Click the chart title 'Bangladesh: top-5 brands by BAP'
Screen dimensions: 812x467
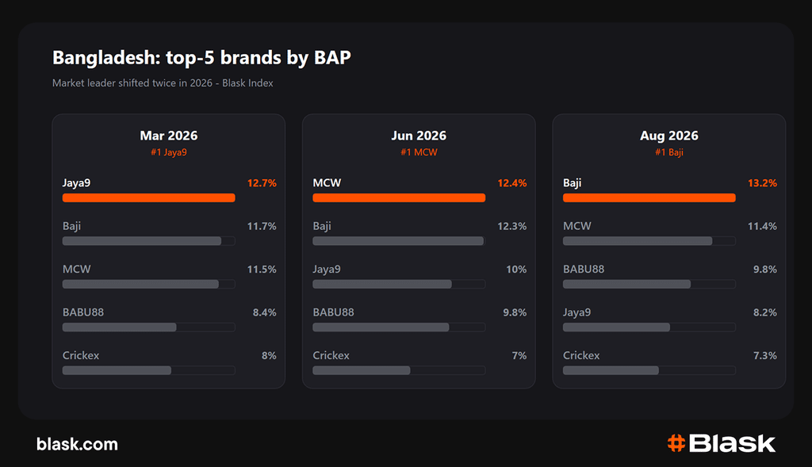[201, 57]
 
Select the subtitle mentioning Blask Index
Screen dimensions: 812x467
[163, 82]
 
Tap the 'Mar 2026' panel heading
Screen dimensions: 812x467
[169, 136]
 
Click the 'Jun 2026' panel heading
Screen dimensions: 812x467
[419, 136]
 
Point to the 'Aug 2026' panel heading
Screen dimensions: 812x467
[669, 136]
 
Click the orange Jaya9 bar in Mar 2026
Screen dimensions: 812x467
[148, 197]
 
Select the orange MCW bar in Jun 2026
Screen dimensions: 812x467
[399, 197]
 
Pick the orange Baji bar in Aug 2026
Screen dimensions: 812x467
[649, 197]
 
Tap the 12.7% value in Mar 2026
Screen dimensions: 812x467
[262, 183]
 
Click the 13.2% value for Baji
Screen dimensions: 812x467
[762, 183]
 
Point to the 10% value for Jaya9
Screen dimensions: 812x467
[516, 270]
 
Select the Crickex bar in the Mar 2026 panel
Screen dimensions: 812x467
[117, 370]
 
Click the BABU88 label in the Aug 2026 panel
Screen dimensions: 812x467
[584, 270]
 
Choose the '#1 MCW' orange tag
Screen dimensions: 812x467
[419, 152]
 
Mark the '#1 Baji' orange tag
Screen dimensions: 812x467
[669, 152]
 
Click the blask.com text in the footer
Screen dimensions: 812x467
[77, 444]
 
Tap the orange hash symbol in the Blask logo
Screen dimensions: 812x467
[676, 443]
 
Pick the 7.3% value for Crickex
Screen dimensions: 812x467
[765, 356]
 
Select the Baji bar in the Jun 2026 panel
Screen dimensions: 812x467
[398, 241]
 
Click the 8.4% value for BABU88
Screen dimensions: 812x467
[265, 312]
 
